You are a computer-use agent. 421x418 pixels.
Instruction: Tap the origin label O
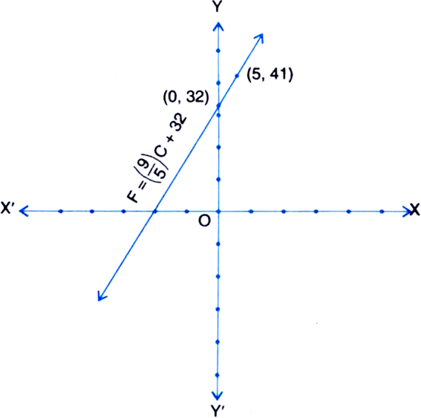coord(205,221)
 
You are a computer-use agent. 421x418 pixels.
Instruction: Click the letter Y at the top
coord(218,7)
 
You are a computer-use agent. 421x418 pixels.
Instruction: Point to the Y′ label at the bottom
coord(218,411)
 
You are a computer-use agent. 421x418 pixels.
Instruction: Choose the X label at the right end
coord(415,209)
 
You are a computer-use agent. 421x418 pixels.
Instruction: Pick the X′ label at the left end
coord(7,208)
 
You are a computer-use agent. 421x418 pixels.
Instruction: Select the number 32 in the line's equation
coord(180,123)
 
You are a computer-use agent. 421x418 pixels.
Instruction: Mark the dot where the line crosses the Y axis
coord(218,105)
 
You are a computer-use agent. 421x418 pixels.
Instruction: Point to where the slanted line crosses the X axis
coord(154,212)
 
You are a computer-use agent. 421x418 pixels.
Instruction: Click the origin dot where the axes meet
coord(218,212)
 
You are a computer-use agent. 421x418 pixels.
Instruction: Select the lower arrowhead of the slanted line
coord(101,296)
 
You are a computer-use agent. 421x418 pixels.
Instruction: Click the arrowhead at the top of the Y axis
coord(218,26)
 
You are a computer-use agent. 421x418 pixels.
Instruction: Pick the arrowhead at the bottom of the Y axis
coord(218,396)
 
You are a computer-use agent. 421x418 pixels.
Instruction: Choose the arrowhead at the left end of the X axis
coord(24,211)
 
